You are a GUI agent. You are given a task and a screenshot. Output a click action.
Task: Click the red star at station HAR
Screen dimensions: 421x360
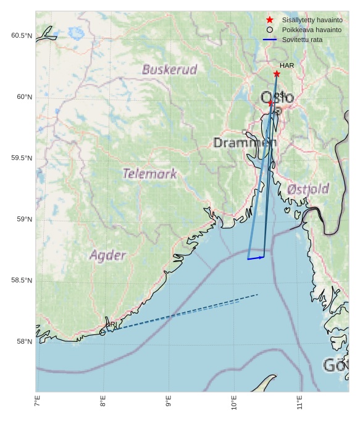277,74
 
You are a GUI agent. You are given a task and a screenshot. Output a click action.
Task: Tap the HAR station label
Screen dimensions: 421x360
287,66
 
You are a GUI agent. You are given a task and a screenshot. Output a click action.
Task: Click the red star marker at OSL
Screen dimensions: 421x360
270,103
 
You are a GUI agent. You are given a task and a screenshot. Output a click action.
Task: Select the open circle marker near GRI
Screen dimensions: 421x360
103,333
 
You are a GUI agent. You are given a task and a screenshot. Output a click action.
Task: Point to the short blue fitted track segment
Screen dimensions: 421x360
256,258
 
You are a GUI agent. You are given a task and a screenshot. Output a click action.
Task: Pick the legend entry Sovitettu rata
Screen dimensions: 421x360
302,40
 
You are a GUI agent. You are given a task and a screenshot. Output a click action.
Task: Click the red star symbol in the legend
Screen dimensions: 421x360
270,20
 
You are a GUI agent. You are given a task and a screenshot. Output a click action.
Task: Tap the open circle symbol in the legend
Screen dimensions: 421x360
270,30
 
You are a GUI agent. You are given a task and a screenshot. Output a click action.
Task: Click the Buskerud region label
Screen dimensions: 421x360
169,69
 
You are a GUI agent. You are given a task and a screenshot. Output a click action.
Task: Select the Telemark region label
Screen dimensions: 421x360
149,174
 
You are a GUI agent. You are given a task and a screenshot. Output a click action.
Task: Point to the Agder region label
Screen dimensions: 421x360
107,255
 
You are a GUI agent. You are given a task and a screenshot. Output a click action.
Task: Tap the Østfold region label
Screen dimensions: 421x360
308,189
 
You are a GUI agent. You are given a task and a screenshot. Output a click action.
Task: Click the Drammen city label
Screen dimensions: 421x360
245,143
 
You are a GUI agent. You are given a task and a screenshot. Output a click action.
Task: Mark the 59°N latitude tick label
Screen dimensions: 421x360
22,219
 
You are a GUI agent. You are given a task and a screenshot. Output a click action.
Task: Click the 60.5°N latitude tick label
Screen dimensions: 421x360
22,36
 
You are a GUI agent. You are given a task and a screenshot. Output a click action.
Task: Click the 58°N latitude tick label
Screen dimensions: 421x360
22,342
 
